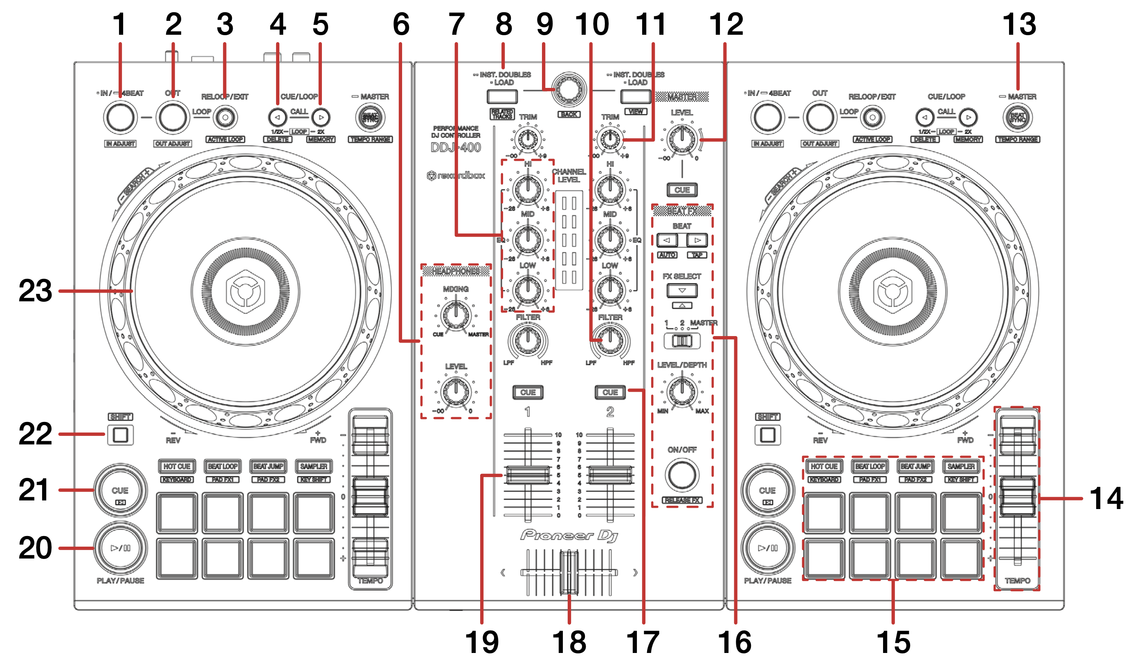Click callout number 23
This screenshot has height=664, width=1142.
point(35,291)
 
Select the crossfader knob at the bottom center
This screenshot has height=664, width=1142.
point(569,572)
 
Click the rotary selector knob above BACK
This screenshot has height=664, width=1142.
point(569,90)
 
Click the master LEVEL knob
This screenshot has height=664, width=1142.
point(682,139)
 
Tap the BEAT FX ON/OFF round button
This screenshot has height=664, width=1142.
point(682,475)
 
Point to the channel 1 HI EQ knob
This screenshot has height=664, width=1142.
point(528,189)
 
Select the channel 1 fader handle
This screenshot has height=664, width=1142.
point(528,475)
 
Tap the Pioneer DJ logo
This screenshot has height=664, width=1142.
point(569,535)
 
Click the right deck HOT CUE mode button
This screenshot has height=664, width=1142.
point(824,466)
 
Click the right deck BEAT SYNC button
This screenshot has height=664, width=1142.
point(1017,118)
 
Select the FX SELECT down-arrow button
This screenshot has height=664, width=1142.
point(682,290)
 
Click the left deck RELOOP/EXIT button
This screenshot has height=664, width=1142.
point(225,118)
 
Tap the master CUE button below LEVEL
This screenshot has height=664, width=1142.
point(682,190)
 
